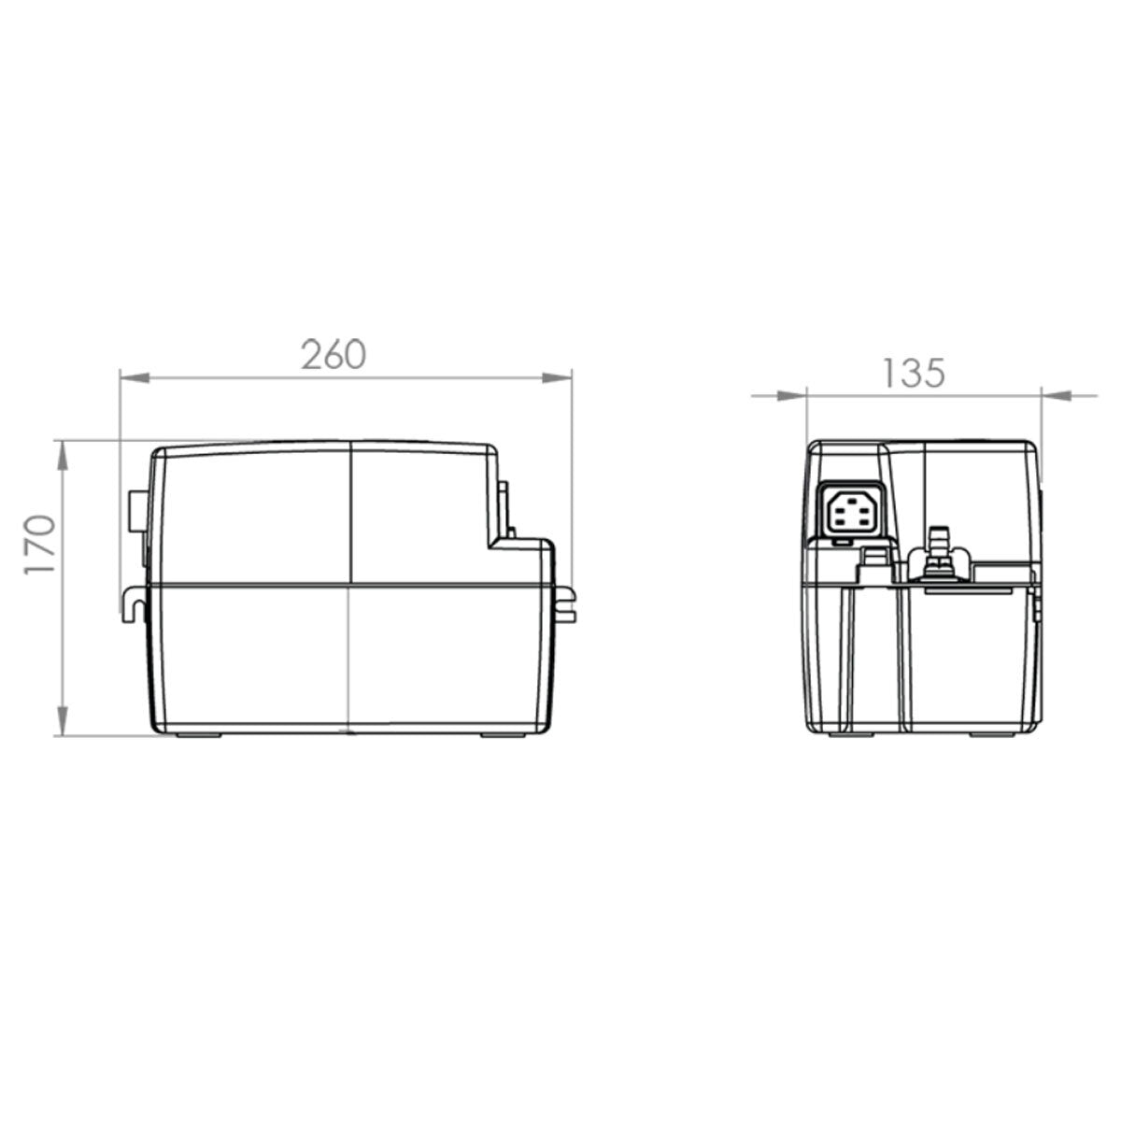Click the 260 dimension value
click(333, 354)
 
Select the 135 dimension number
click(913, 373)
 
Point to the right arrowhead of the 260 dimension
click(558, 378)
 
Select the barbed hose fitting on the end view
click(934, 551)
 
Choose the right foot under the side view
click(504, 736)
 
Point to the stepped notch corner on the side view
click(496, 540)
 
